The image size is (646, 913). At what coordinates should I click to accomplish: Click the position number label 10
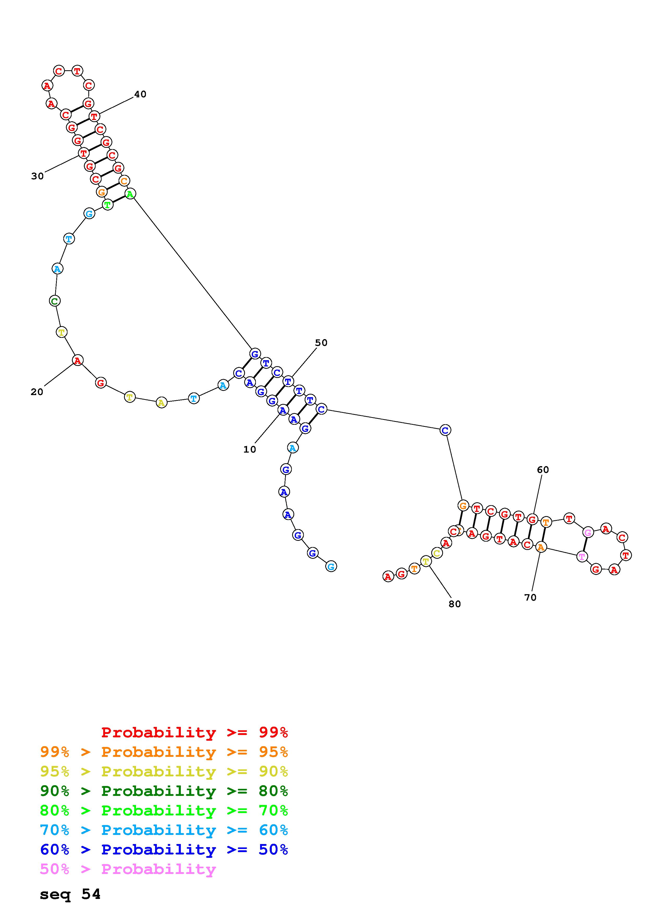coord(250,449)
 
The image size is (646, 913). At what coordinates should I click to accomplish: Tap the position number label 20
coord(37,392)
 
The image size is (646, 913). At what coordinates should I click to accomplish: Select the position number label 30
coord(38,176)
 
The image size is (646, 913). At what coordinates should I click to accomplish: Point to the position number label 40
coord(140,94)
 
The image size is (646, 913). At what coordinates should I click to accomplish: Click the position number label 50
coord(321,343)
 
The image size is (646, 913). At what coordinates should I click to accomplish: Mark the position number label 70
coord(531,597)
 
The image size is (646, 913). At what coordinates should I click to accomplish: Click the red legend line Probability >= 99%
coord(195,732)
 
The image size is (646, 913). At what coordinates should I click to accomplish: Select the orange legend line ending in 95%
coord(164,752)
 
